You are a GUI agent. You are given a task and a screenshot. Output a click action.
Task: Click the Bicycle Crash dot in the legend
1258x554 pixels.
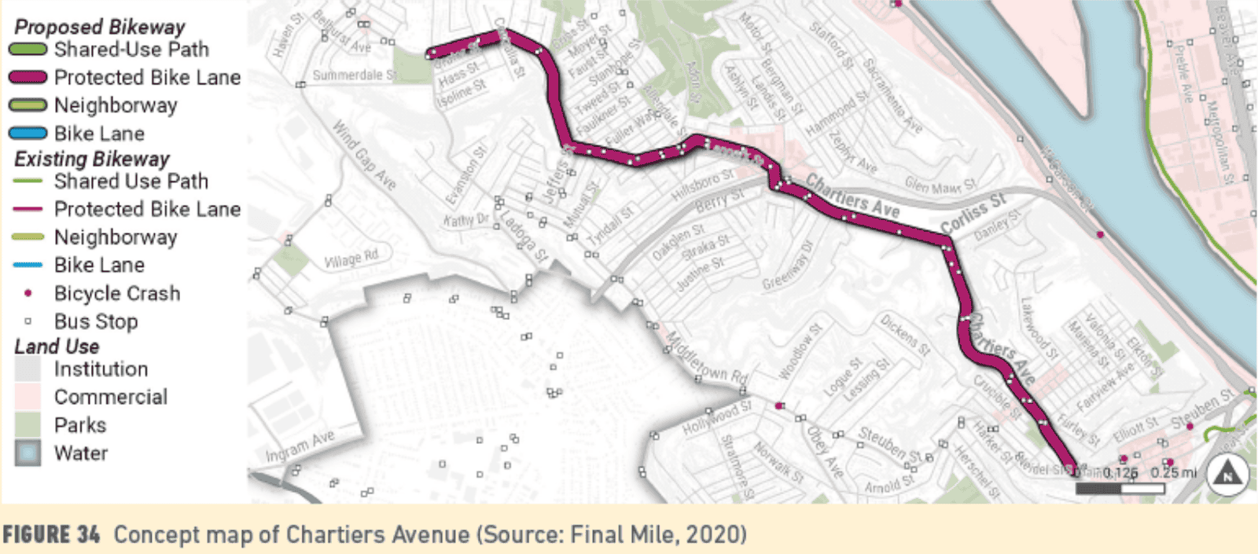click(x=28, y=293)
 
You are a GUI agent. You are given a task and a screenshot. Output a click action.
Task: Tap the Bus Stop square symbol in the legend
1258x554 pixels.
click(x=28, y=321)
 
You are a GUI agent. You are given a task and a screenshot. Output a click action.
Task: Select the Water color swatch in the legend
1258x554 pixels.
click(x=28, y=453)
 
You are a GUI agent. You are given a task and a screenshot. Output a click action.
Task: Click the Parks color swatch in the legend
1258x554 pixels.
click(x=28, y=425)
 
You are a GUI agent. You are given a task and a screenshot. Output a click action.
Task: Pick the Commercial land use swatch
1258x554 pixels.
click(x=28, y=397)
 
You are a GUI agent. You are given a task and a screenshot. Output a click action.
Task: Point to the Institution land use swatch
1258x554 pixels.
click(x=28, y=369)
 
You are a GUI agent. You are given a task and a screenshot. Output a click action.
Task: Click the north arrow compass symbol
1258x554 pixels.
click(x=1227, y=475)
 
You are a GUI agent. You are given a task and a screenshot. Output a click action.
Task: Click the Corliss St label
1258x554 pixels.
click(x=973, y=212)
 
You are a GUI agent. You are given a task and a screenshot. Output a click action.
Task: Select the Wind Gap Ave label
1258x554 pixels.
click(x=363, y=155)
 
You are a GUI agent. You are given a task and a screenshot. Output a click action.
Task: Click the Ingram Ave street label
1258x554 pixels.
click(x=300, y=446)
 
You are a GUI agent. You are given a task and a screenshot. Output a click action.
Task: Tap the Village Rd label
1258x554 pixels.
click(x=351, y=258)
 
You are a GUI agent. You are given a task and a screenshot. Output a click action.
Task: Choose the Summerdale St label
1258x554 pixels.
click(x=354, y=75)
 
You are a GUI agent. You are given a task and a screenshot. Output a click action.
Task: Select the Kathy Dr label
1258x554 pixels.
click(x=465, y=219)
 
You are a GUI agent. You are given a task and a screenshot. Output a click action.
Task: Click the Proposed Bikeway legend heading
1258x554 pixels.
click(x=99, y=27)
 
